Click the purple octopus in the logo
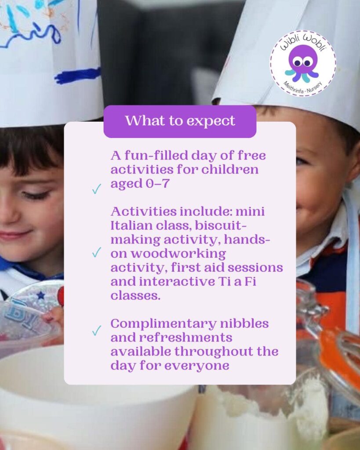click(302, 63)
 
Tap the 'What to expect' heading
click(180, 121)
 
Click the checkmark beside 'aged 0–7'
click(96, 189)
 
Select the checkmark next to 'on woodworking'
click(96, 253)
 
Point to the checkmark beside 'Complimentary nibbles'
click(96, 330)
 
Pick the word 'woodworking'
click(178, 254)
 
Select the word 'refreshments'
click(185, 337)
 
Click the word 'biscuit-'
click(221, 225)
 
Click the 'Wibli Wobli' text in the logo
click(303, 44)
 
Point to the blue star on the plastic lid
click(41, 295)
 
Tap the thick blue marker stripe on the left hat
click(77, 75)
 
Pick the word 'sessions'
click(255, 268)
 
